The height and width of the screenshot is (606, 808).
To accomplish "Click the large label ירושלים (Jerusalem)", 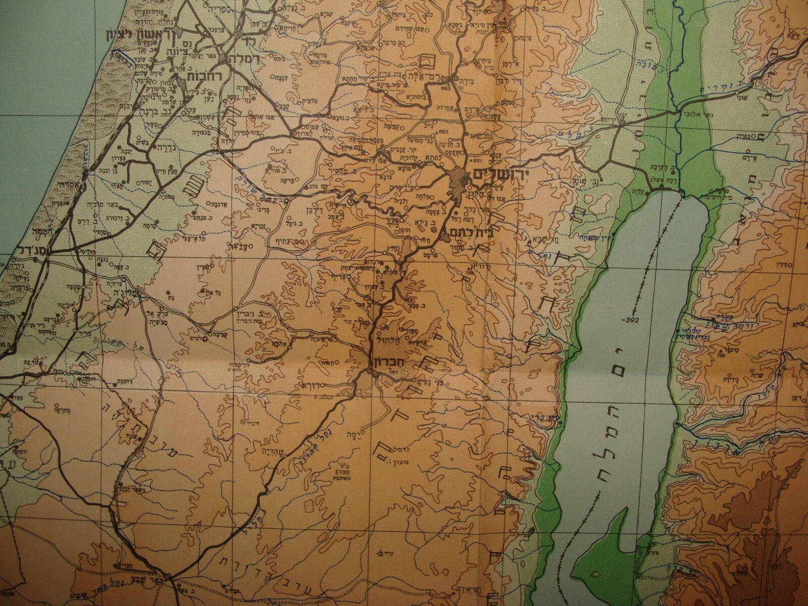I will pos(500,175).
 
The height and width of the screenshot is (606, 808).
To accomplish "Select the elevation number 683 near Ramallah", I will pos(445,89).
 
